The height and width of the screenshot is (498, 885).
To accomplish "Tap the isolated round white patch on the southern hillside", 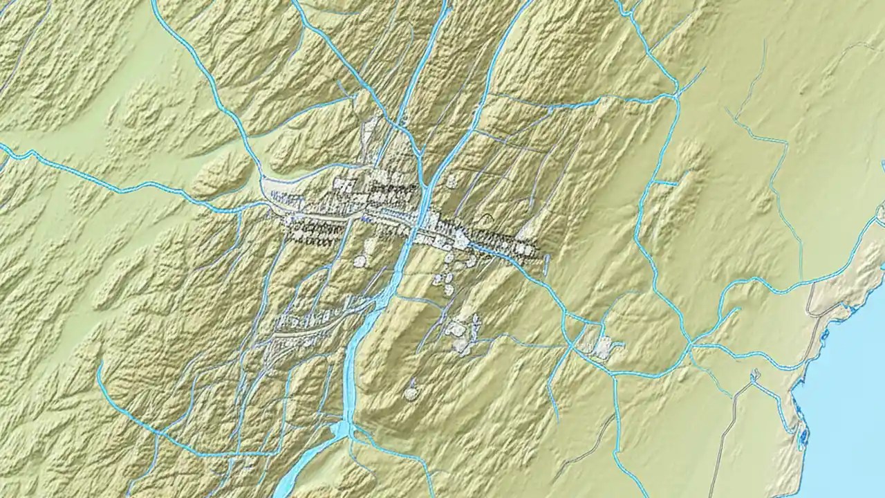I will pos(411,394).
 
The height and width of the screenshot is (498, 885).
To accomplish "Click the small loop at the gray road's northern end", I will pos(755,376).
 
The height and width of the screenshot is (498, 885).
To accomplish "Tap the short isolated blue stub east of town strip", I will pos(546,264).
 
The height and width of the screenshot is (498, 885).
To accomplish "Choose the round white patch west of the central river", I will pos(360,261).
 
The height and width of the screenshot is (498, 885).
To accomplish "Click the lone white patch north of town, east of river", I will pos(452,181).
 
